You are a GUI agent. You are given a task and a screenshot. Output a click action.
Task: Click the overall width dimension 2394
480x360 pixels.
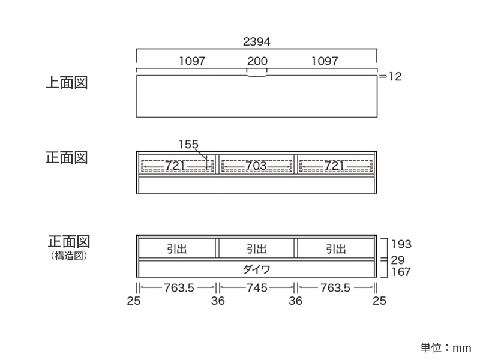click(x=257, y=41)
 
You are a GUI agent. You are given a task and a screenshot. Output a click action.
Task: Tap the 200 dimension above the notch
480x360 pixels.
click(x=257, y=61)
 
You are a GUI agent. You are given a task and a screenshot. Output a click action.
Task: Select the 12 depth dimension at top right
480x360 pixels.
click(x=395, y=77)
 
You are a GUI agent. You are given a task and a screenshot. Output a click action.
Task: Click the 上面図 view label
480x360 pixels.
click(x=67, y=83)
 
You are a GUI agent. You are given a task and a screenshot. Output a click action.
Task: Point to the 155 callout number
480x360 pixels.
click(x=188, y=144)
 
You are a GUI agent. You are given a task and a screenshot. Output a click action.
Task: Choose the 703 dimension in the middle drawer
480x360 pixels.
click(x=256, y=166)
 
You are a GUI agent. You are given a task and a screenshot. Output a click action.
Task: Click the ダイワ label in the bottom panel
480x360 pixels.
click(x=257, y=269)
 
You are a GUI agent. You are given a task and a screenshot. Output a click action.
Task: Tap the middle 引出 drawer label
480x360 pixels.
click(x=257, y=249)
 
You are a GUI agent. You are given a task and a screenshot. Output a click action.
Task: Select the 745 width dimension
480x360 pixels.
click(x=257, y=288)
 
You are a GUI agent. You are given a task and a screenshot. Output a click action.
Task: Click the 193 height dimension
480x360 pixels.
click(x=401, y=244)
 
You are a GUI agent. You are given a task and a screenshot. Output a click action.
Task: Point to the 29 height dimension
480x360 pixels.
click(x=398, y=260)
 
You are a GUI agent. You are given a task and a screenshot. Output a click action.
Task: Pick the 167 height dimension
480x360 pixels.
click(x=401, y=272)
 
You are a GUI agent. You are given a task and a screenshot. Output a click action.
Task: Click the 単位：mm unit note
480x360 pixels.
click(x=445, y=348)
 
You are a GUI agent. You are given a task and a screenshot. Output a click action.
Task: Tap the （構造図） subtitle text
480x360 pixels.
click(x=69, y=256)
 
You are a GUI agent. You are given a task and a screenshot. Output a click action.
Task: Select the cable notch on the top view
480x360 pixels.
click(x=257, y=75)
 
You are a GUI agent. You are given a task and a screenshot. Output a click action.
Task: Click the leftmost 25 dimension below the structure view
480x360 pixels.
click(x=134, y=301)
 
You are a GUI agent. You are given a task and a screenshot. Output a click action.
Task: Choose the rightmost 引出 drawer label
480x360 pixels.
click(x=335, y=249)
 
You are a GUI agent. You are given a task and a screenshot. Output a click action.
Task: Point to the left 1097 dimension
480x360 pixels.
click(x=192, y=61)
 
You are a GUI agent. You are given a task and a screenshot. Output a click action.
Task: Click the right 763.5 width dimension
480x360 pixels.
click(x=335, y=288)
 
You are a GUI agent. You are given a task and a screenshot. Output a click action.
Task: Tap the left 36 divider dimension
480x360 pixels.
click(x=218, y=301)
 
